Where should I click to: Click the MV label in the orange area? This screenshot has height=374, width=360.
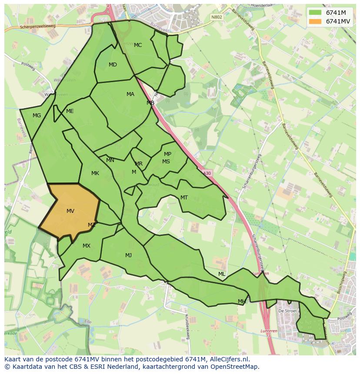coord(70,211)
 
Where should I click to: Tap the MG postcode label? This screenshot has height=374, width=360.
coord(37,116)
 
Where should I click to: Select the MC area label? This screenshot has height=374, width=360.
coord(138,45)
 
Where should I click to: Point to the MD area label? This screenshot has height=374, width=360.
coord(113,65)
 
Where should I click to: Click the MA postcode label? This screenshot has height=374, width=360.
coord(130,94)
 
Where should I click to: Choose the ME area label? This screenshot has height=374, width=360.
coord(70,111)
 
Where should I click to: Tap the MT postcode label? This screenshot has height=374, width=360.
coord(184,198)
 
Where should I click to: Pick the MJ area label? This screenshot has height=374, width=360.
coord(128,255)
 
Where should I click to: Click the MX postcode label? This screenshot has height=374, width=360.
coord(87,246)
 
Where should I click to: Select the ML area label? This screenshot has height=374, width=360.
coord(222,274)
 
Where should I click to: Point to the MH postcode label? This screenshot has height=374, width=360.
coord(242,301)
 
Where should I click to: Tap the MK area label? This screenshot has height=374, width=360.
coord(95,173)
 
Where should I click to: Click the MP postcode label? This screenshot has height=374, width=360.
coord(167,154)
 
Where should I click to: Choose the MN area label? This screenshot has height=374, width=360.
coord(110,160)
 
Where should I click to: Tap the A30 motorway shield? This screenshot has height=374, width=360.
coord(207,173)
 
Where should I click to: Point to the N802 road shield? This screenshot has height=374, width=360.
coord(216,17)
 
